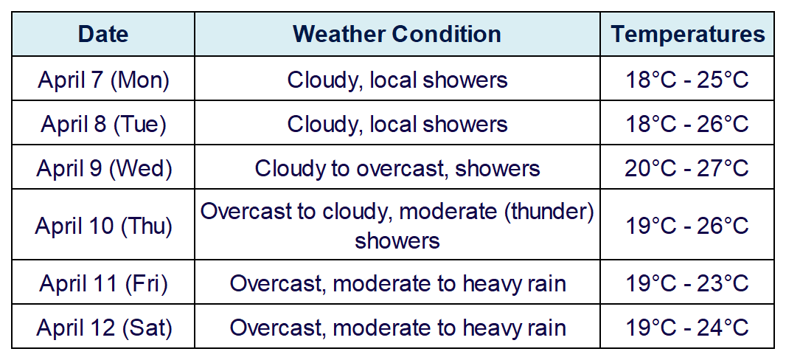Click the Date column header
(103, 34)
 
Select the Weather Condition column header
(397, 34)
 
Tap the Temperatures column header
(688, 34)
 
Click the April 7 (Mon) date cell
(103, 80)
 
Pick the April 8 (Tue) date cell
(103, 124)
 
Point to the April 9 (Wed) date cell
(104, 168)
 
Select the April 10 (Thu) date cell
(104, 226)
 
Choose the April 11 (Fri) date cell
(103, 283)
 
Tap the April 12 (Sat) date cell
(104, 328)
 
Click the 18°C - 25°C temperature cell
(686, 80)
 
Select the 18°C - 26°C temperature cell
(686, 124)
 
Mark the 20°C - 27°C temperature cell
(686, 168)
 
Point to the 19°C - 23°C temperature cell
(686, 283)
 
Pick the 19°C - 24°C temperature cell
(686, 328)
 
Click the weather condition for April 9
(397, 168)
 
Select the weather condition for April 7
(397, 80)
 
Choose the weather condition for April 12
(397, 328)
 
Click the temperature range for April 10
(686, 226)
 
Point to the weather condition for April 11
(397, 284)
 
